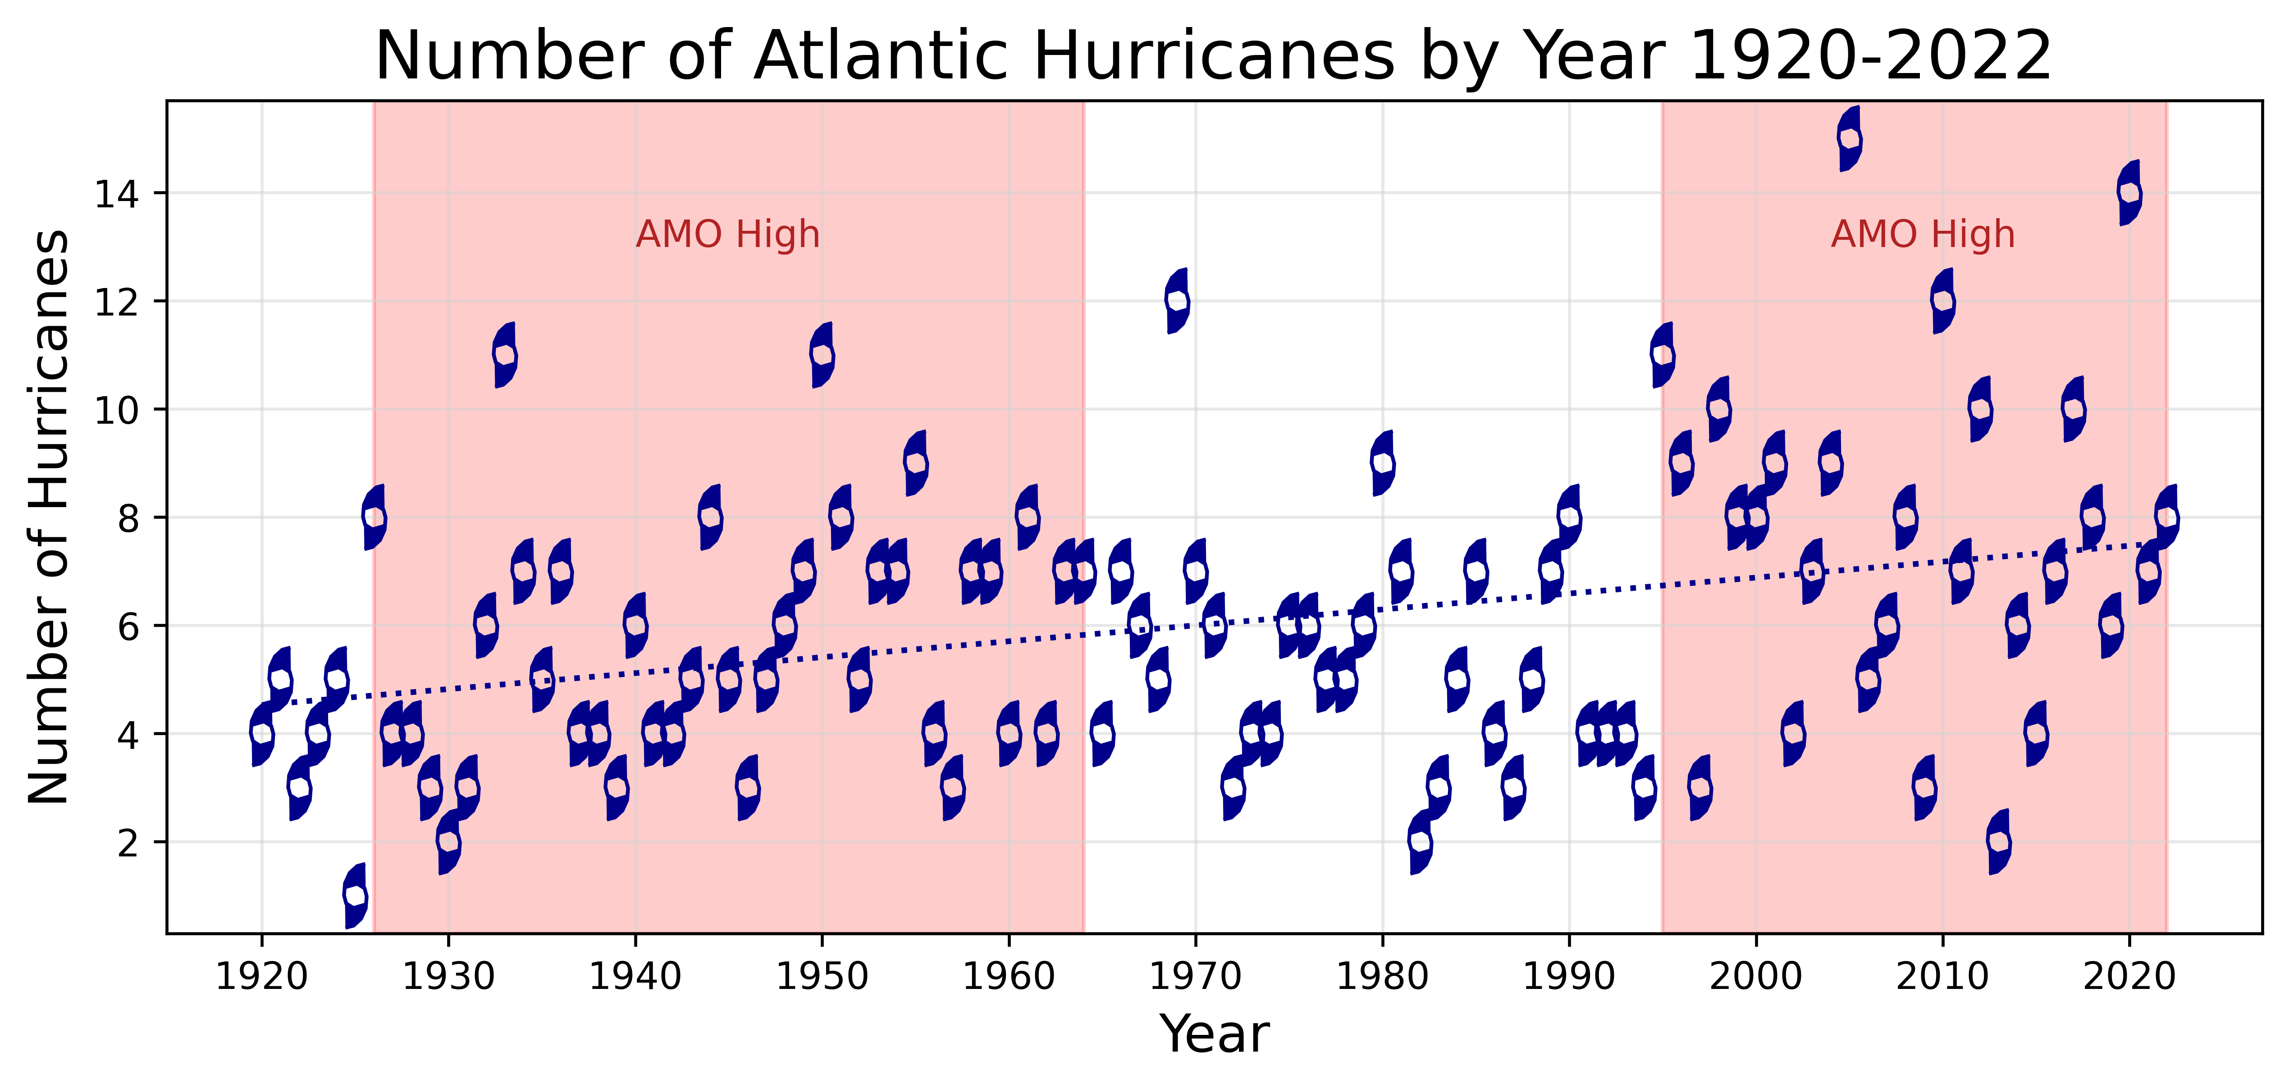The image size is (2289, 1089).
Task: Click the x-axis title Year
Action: (1214, 1034)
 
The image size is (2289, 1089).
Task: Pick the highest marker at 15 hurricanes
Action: (1849, 139)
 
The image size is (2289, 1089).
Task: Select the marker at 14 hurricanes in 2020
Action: (2129, 193)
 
